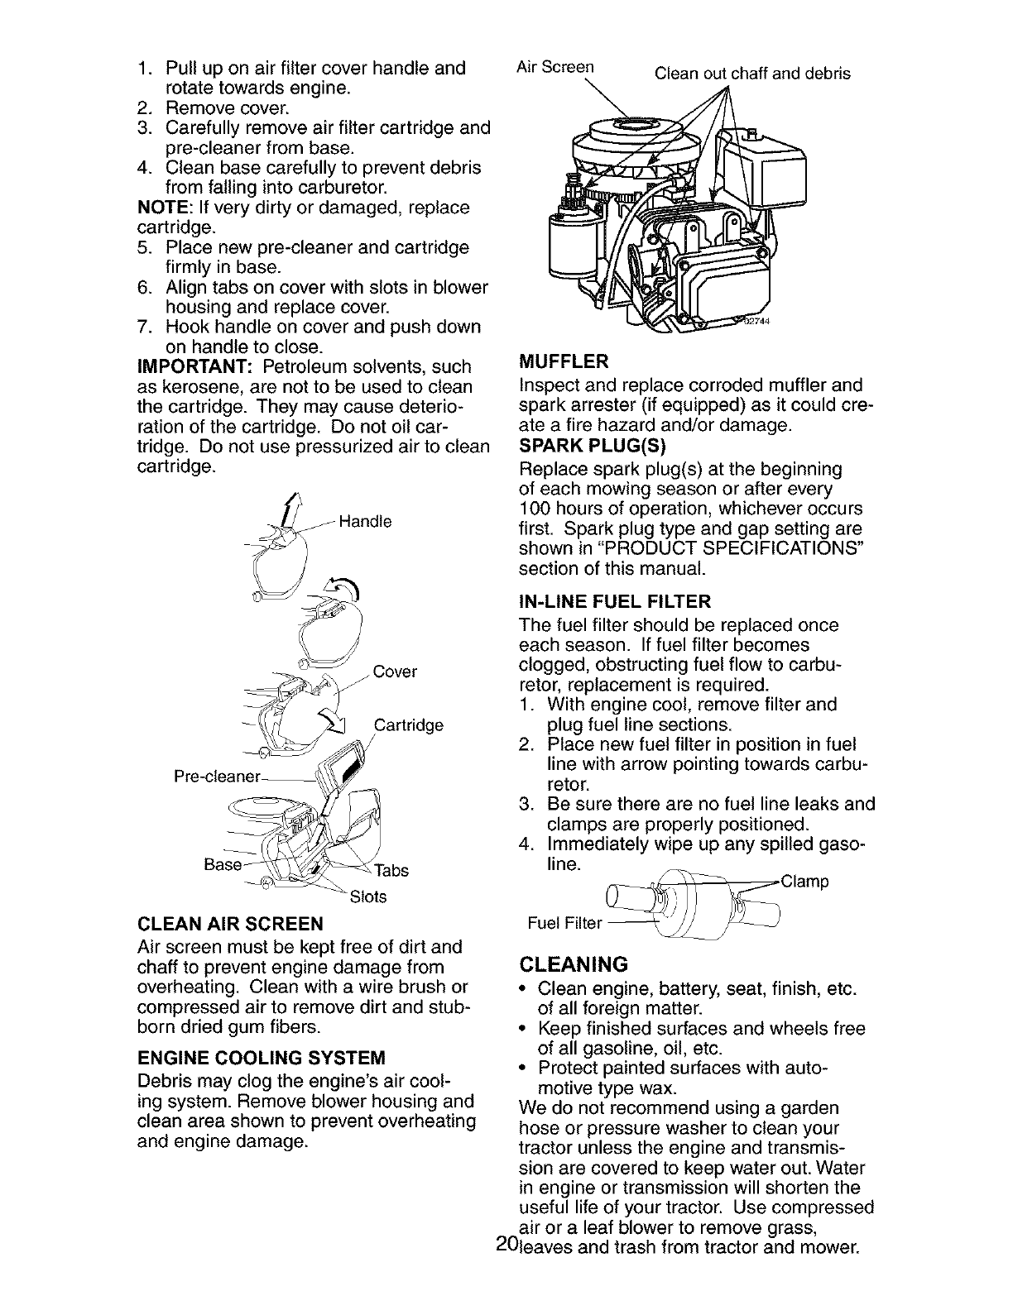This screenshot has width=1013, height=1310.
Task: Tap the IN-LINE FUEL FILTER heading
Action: (x=614, y=600)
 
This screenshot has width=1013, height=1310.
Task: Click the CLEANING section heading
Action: (x=574, y=964)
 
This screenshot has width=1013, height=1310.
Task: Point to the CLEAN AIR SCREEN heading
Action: (x=230, y=923)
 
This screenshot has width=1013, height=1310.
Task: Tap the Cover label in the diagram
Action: (x=395, y=672)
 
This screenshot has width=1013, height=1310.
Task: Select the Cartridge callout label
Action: (x=409, y=725)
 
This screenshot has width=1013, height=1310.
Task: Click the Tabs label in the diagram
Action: (x=391, y=870)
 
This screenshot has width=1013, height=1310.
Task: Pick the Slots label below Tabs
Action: (x=368, y=896)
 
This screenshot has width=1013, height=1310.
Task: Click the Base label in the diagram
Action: (x=222, y=864)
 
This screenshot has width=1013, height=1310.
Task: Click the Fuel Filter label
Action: (x=563, y=922)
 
